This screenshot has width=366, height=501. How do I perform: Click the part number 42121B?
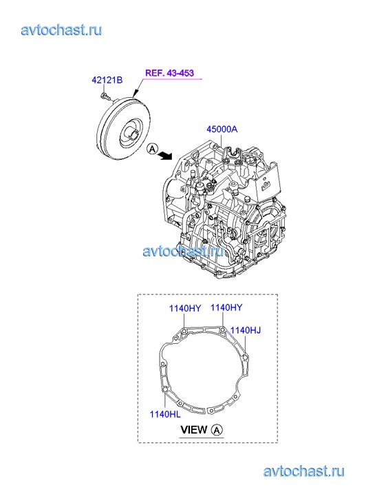click(x=107, y=80)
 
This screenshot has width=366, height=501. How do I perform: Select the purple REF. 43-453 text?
click(x=169, y=73)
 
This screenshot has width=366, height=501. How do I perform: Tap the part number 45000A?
click(x=222, y=130)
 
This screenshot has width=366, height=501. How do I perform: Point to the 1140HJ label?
click(x=246, y=330)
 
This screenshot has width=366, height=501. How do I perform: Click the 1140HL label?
click(x=165, y=414)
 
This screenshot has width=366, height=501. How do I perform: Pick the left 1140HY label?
click(x=185, y=308)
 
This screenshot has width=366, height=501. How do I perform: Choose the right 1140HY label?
click(x=226, y=307)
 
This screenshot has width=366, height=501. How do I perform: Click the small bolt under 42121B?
click(x=105, y=95)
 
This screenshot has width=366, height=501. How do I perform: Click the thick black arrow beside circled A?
click(x=166, y=155)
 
